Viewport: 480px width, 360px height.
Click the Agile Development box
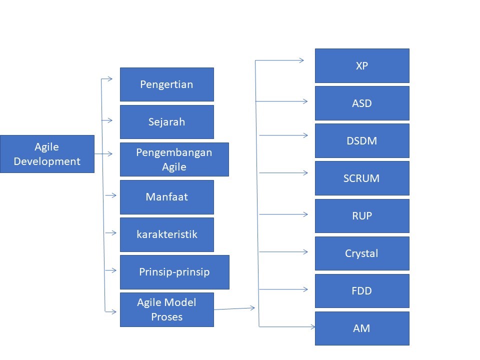(47, 154)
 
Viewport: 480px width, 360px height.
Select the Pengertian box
(166, 84)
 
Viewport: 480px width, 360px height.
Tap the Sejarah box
(166, 122)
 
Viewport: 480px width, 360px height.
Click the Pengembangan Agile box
(174, 159)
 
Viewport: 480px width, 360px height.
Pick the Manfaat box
(166, 197)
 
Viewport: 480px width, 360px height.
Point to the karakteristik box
(166, 234)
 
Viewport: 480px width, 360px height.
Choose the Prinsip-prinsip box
(174, 272)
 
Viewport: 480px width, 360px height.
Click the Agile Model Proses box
(166, 309)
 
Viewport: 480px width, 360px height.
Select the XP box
(362, 65)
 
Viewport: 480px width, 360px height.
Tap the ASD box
(362, 103)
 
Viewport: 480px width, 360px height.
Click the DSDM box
(362, 140)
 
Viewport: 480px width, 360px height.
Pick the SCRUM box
(362, 178)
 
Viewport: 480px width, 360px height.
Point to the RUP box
(362, 216)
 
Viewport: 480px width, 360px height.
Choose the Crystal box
(362, 253)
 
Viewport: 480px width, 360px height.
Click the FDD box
(362, 291)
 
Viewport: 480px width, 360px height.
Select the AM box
(362, 328)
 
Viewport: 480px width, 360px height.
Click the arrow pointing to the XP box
(280, 60)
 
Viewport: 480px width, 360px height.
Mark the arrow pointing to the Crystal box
(283, 251)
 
